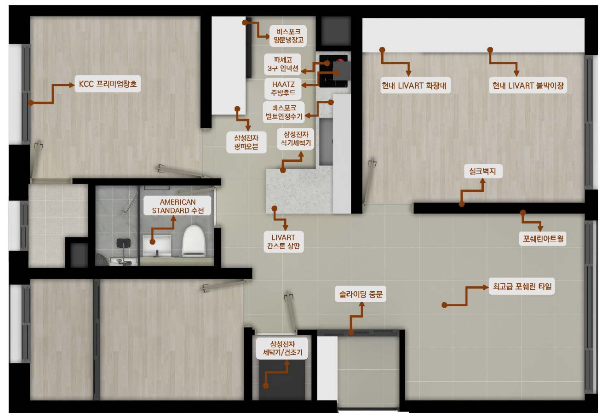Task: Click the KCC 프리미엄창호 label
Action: [108, 84]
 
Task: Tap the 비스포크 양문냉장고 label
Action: [288, 36]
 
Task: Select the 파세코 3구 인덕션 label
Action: [283, 64]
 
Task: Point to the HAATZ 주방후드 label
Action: [283, 88]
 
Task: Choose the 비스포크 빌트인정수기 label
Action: [284, 112]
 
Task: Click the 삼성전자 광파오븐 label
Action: [246, 142]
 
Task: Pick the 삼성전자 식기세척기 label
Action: [296, 139]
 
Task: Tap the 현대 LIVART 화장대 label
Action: [415, 86]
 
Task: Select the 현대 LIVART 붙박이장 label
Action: [528, 86]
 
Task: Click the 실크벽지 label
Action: [483, 171]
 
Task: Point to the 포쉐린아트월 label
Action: [543, 239]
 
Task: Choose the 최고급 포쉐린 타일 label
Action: [522, 287]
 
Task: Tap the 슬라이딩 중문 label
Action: [361, 294]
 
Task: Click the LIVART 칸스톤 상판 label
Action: [284, 241]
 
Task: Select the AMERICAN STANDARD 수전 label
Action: [178, 206]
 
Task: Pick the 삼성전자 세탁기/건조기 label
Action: [282, 349]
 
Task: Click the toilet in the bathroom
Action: [194, 241]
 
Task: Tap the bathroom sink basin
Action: [157, 246]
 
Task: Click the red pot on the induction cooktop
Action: [340, 60]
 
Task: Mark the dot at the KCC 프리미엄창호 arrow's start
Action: [31, 103]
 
